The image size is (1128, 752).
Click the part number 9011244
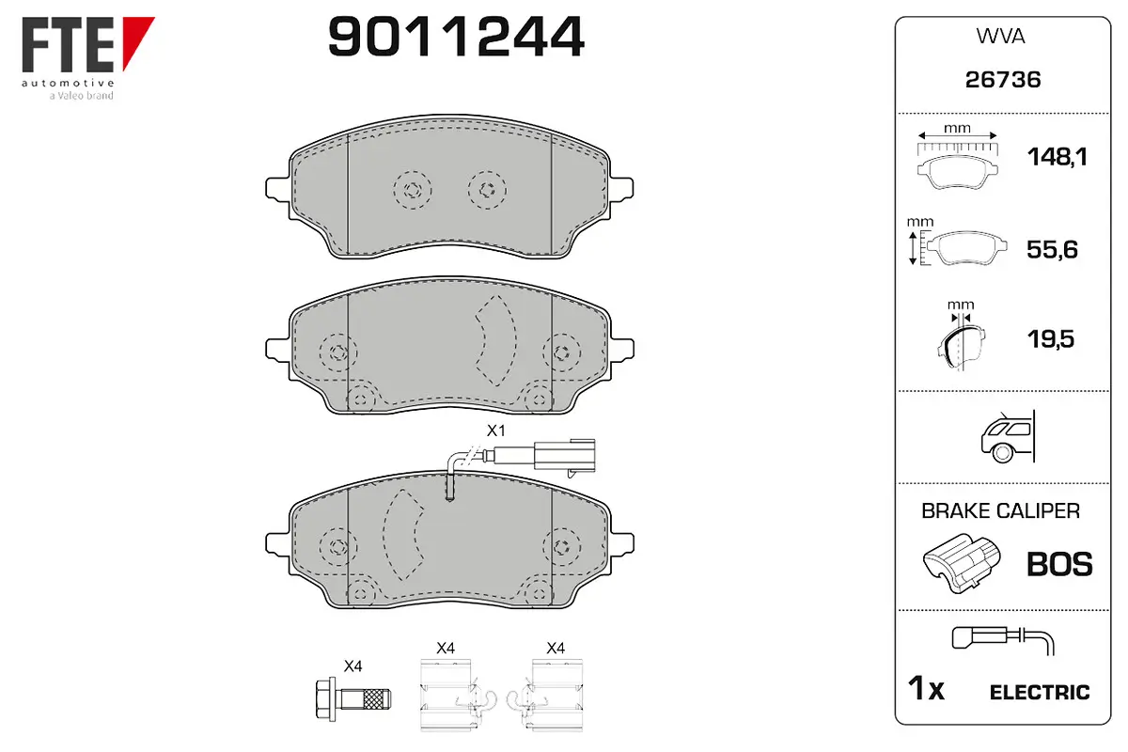tap(456, 37)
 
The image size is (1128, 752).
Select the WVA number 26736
tap(1003, 80)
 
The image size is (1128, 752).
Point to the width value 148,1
tap(1057, 157)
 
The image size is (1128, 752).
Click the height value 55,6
tap(1052, 249)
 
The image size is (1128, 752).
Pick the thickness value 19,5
tap(1051, 339)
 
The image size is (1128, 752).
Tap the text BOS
tap(1059, 564)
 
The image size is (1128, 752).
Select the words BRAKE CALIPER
tap(1000, 510)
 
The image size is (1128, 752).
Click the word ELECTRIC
tap(1040, 693)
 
